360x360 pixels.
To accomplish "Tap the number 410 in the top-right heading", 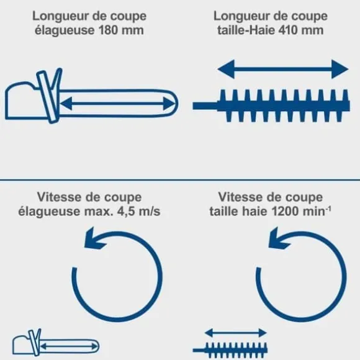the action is coord(289,30).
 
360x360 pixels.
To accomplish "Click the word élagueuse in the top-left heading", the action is coord(65,30).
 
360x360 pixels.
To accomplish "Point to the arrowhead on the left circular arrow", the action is coord(94,239).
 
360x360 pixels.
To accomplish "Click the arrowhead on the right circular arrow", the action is coord(278,239).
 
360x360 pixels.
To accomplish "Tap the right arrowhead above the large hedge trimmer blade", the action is coord(340,69).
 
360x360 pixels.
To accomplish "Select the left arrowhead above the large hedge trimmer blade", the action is coord(226,69).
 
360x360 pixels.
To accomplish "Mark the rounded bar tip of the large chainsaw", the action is coord(174,104).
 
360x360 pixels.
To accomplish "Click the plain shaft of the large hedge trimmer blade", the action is coord(205,106).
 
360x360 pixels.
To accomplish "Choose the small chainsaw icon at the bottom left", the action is coord(56,343).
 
